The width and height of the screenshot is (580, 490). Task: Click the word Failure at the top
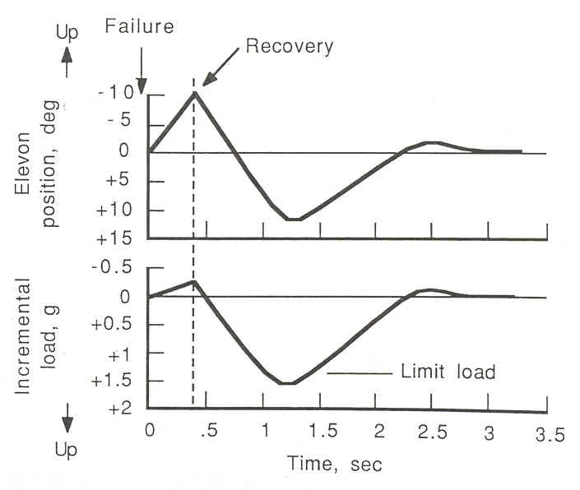click(x=141, y=26)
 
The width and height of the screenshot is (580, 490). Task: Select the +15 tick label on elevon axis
click(x=116, y=238)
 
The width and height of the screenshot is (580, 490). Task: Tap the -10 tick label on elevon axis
click(x=117, y=92)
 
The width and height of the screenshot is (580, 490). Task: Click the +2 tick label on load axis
click(x=121, y=409)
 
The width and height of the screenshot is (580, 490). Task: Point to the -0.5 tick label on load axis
click(x=114, y=267)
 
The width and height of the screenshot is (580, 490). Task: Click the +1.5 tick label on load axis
click(x=114, y=381)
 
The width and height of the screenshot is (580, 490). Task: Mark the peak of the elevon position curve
click(x=194, y=92)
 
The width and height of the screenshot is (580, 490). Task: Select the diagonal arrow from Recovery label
click(x=219, y=67)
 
